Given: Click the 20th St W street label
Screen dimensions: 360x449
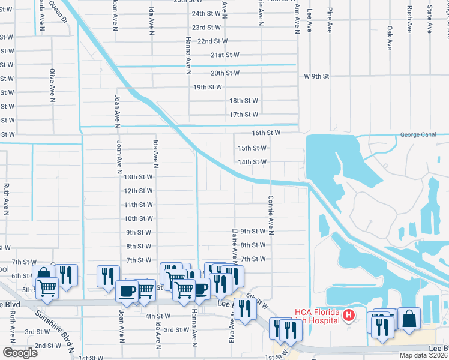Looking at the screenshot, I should click(225, 73).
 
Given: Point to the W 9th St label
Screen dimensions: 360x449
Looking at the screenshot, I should click(317, 76).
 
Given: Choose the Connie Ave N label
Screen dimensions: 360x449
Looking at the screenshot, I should click(271, 215).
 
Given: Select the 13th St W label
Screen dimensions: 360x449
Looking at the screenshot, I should click(138, 177).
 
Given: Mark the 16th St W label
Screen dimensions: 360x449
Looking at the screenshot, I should click(266, 133).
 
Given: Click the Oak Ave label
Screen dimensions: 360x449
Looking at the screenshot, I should click(390, 37).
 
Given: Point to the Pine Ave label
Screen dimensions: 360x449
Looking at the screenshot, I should click(330, 20).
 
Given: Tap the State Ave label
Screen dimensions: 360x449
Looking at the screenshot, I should click(429, 19).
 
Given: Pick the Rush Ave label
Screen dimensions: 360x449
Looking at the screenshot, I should click(409, 19).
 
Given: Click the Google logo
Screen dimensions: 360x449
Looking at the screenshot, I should click(20, 353).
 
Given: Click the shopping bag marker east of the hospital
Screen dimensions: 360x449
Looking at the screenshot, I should click(408, 319).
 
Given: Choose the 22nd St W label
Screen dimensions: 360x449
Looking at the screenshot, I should click(212, 41).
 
